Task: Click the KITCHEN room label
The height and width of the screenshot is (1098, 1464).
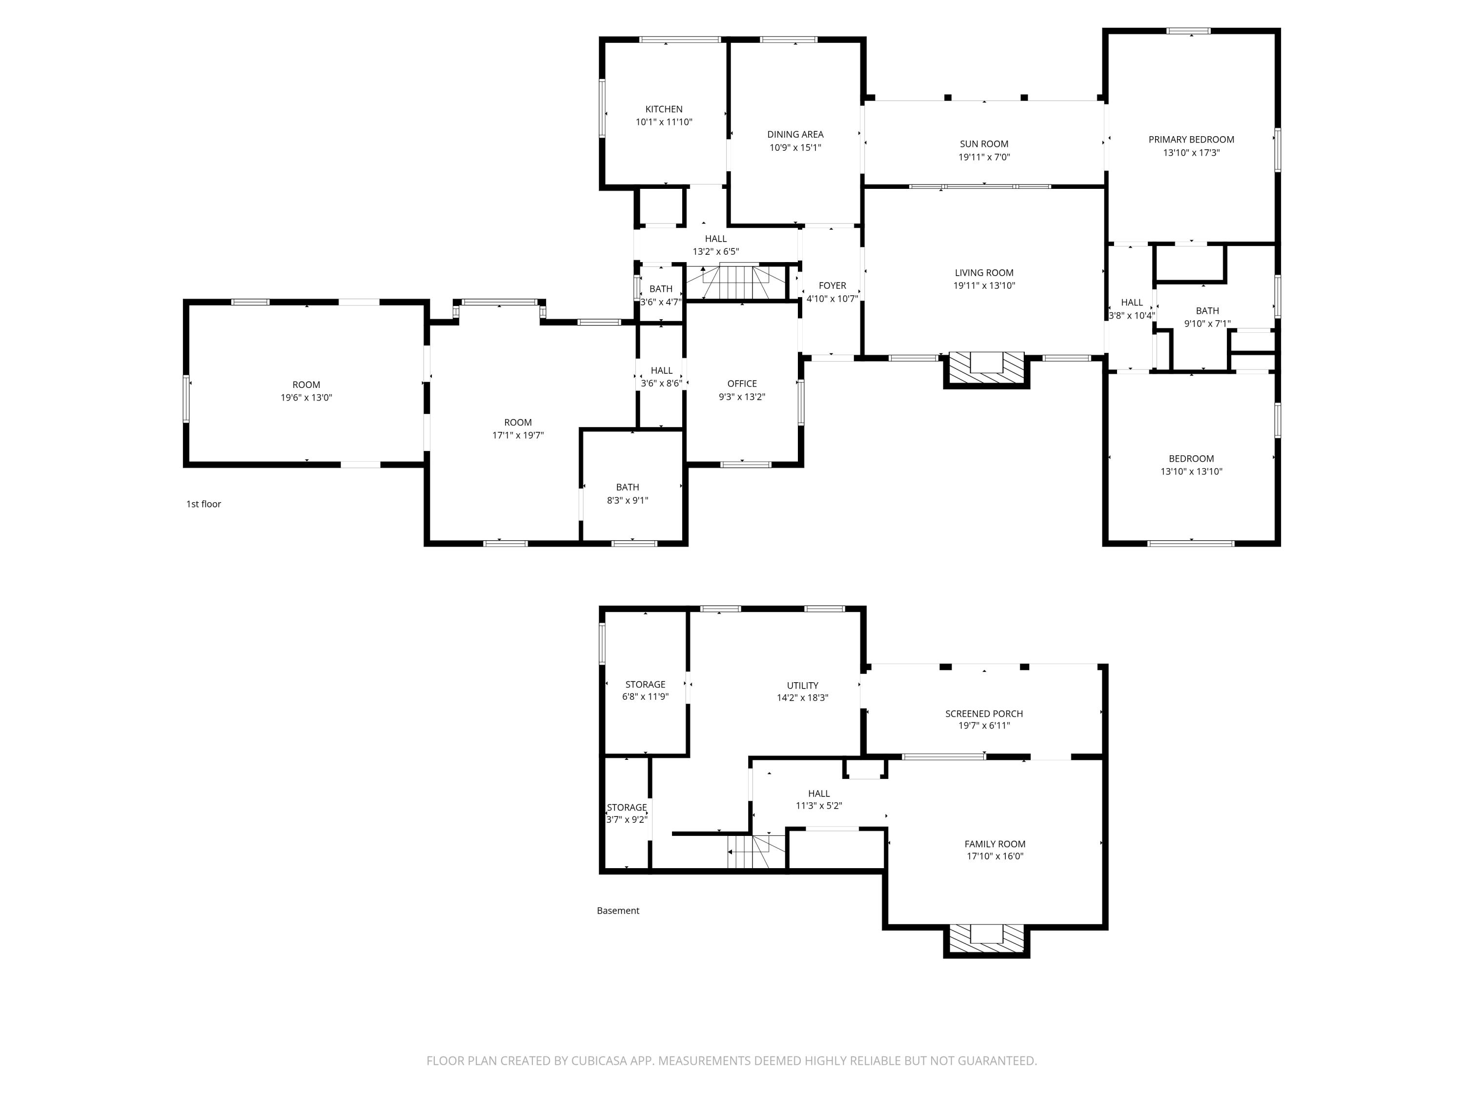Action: coord(664,109)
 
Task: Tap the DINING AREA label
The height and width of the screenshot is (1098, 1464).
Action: coord(795,134)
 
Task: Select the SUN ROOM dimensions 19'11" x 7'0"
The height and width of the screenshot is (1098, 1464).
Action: coord(984,157)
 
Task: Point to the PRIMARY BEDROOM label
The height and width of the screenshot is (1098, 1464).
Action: coord(1191,140)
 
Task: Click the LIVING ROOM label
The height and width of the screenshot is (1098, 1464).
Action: coord(984,273)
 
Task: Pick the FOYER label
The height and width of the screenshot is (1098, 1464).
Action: coord(832,286)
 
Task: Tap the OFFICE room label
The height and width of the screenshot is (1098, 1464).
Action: coord(742,384)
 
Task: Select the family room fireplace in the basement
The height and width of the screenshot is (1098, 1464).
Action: coord(986,940)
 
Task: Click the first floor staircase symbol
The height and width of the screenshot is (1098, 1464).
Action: coord(736,281)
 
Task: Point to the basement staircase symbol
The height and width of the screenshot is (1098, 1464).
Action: coord(756,851)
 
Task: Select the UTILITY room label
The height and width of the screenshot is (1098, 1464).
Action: coord(802,686)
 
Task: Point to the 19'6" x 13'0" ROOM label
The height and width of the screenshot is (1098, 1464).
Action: coord(306,391)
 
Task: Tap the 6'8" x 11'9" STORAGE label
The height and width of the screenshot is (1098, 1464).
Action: coord(645,691)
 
